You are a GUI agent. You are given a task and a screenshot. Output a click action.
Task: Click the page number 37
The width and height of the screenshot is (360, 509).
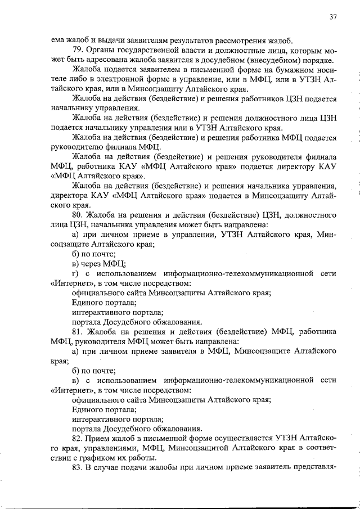332,17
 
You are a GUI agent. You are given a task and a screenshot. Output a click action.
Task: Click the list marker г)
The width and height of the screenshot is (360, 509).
76,273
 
